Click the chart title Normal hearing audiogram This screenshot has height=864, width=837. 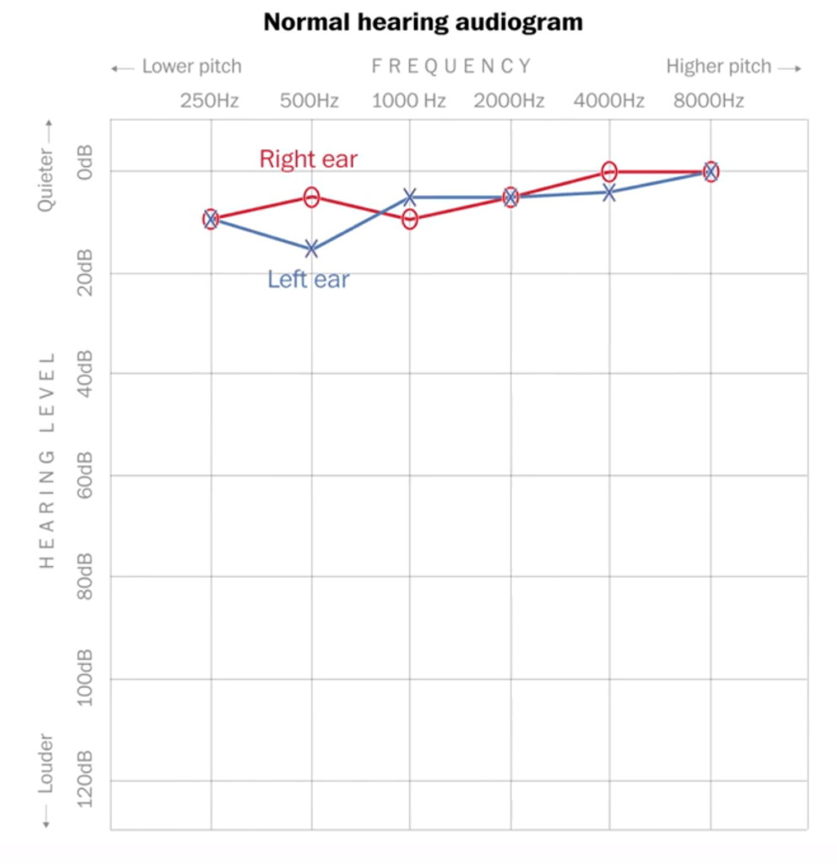tap(423, 22)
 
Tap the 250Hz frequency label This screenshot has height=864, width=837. tap(209, 101)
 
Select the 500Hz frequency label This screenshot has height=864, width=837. tap(310, 101)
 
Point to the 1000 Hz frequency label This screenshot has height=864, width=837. tap(409, 101)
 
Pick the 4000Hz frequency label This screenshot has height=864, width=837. tap(609, 101)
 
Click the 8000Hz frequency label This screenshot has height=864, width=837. tap(709, 101)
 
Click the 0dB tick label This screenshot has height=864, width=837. tap(85, 172)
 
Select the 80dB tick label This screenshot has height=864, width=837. tap(85, 575)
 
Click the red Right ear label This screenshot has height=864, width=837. tap(308, 159)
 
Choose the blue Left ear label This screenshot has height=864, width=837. tap(308, 279)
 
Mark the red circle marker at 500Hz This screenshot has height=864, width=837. tap(311, 197)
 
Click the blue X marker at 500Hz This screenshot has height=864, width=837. tap(311, 248)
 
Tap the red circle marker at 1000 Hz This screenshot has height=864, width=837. tap(410, 219)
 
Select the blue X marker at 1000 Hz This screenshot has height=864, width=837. tap(410, 197)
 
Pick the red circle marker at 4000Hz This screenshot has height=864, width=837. tap(609, 171)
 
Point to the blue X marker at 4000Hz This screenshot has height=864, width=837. tap(609, 192)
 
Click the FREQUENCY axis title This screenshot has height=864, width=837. tap(451, 67)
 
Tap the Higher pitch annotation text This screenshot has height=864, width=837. tap(719, 67)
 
